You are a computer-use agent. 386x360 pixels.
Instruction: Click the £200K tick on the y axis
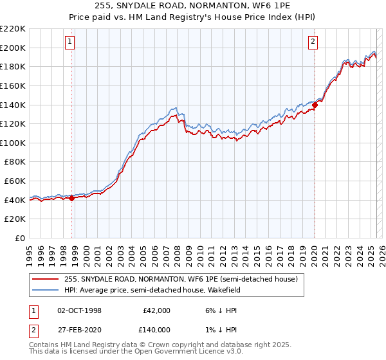pyautogui.click(x=13, y=48)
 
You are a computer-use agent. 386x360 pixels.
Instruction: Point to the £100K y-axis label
pyautogui.click(x=13, y=143)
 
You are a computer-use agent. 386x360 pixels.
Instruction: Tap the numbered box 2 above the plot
pyautogui.click(x=313, y=42)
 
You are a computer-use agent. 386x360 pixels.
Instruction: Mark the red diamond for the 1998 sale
pyautogui.click(x=72, y=198)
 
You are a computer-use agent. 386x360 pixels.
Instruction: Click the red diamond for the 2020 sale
pyautogui.click(x=315, y=105)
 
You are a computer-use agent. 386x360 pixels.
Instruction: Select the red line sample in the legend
pyautogui.click(x=46, y=280)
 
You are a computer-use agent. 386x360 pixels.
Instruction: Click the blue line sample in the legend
pyautogui.click(x=46, y=291)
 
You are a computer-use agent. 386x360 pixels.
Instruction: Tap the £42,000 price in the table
pyautogui.click(x=156, y=310)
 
